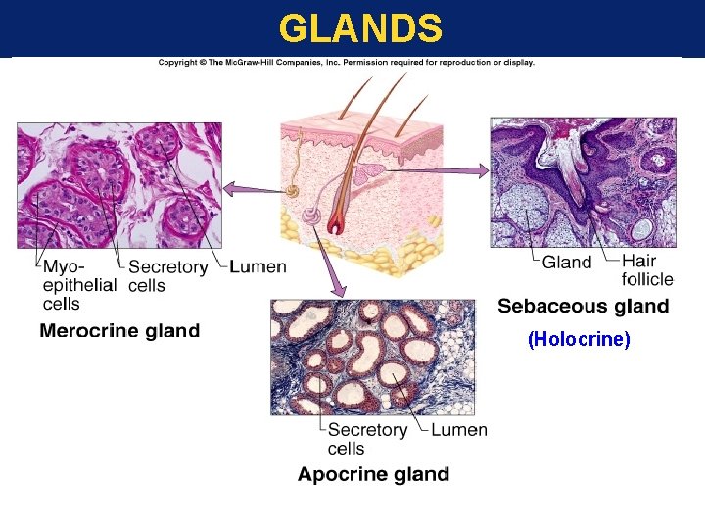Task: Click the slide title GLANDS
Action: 359,28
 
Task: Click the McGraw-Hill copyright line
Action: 347,63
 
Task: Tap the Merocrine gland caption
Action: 119,331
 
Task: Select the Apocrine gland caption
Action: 373,475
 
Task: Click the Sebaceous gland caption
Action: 583,307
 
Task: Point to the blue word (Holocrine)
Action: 579,339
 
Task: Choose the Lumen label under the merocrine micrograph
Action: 258,266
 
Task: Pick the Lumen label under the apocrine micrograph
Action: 458,430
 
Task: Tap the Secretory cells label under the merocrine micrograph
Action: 167,275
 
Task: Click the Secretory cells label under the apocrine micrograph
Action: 367,439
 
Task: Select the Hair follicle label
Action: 647,270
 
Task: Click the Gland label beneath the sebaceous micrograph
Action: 567,262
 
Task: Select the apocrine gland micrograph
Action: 371,357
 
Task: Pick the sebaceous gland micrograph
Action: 582,182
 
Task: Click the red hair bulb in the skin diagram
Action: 336,224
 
